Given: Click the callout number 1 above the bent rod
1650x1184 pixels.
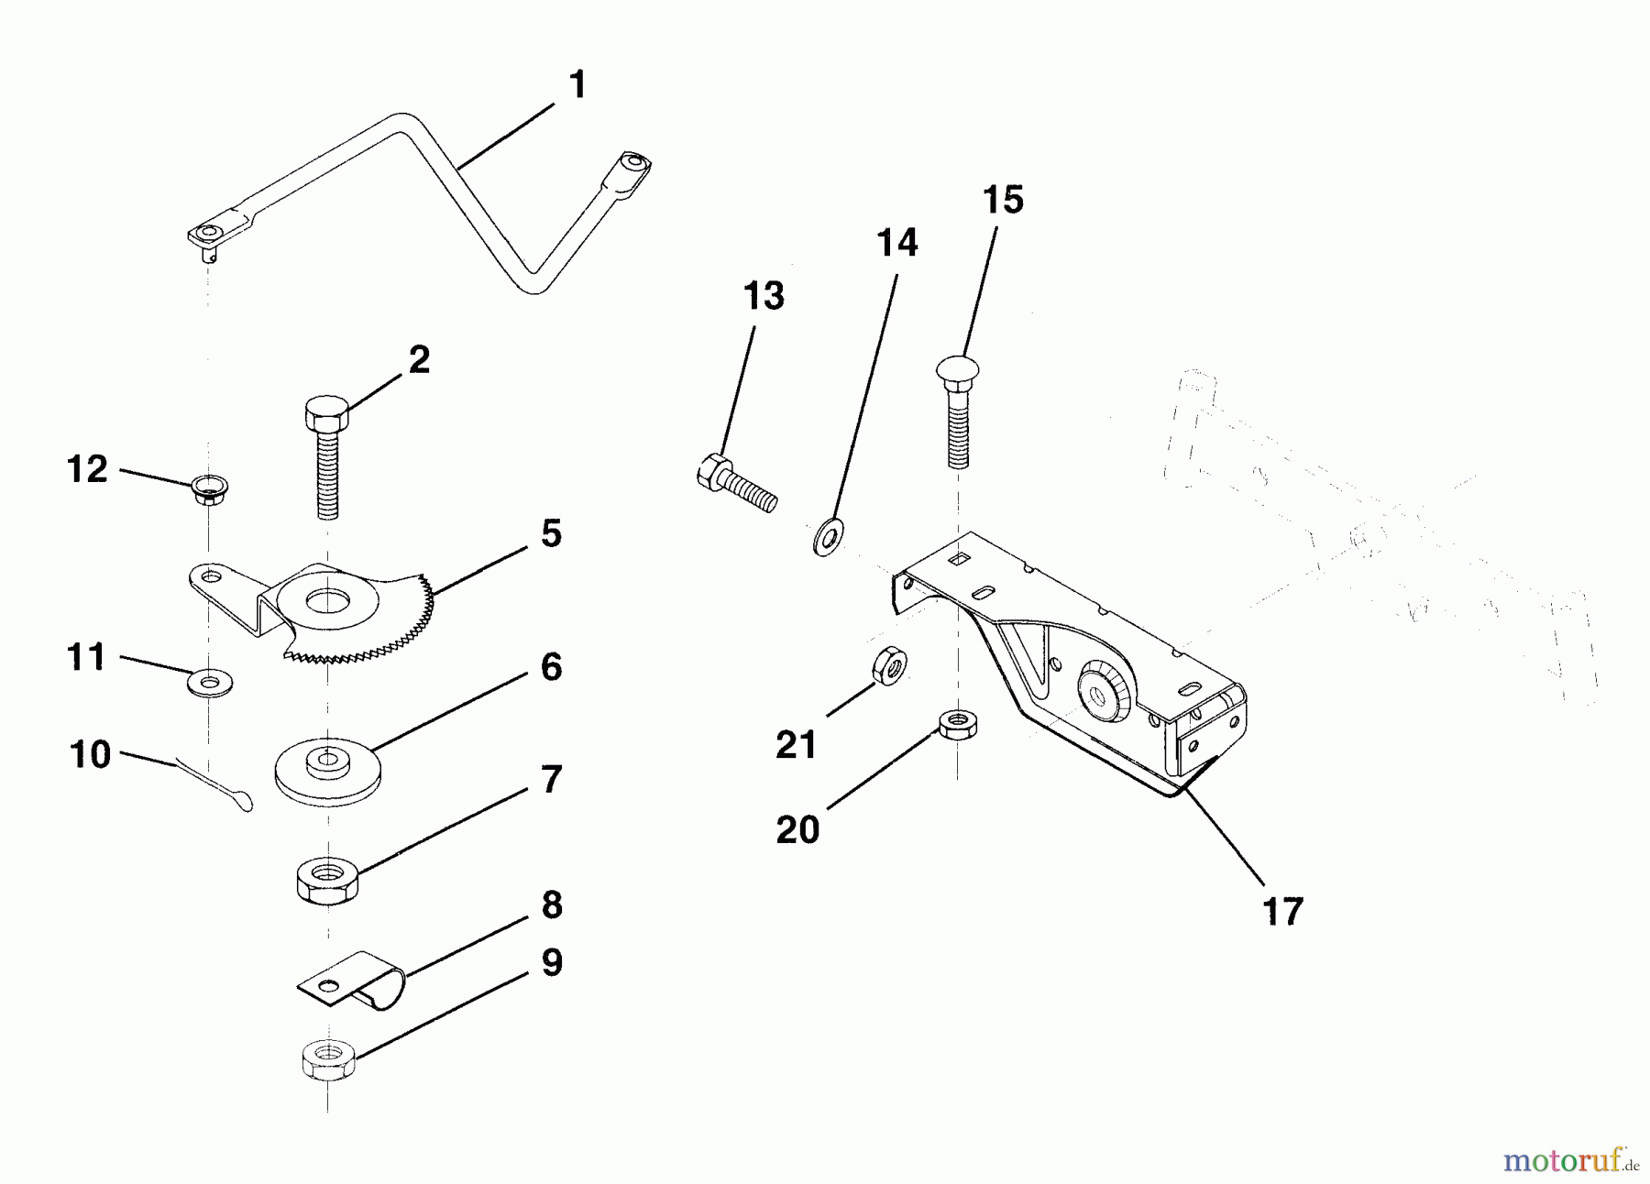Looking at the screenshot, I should (577, 85).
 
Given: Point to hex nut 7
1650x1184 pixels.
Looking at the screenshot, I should (327, 881).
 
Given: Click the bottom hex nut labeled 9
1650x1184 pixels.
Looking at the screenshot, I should (327, 1062).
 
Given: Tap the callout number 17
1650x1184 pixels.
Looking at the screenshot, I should (1281, 912).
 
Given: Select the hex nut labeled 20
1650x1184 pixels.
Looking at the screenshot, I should (957, 727).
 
